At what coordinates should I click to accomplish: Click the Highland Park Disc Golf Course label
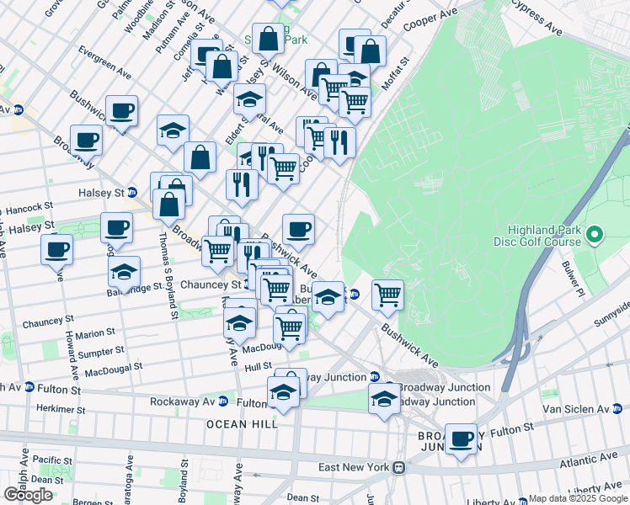tap(543, 236)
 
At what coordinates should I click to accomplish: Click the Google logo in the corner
tap(28, 495)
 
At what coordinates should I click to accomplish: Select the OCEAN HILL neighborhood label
tap(243, 424)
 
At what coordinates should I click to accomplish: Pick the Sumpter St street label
tap(102, 350)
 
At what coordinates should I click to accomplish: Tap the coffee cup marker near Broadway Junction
tap(461, 439)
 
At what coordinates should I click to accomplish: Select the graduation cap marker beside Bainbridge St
tap(124, 272)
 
